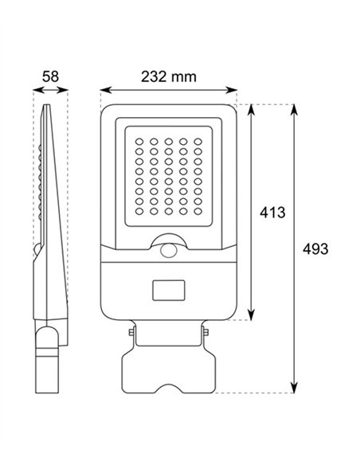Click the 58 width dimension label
[x=50, y=76]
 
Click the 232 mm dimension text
[x=168, y=76]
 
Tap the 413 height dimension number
[x=272, y=213]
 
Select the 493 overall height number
[x=315, y=248]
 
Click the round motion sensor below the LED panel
[x=168, y=251]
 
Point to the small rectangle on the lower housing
[x=168, y=290]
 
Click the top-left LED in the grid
[x=139, y=142]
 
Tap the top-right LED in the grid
[x=198, y=142]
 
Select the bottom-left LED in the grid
[x=139, y=212]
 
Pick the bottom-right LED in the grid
[x=198, y=212]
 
